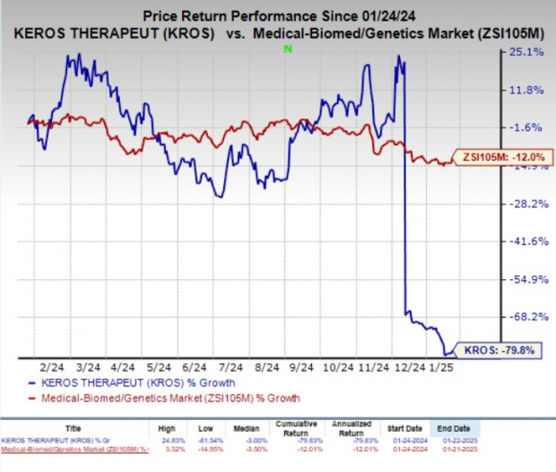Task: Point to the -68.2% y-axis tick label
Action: [x=528, y=317]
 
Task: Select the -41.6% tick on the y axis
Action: [x=528, y=241]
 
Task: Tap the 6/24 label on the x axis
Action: [x=194, y=367]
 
